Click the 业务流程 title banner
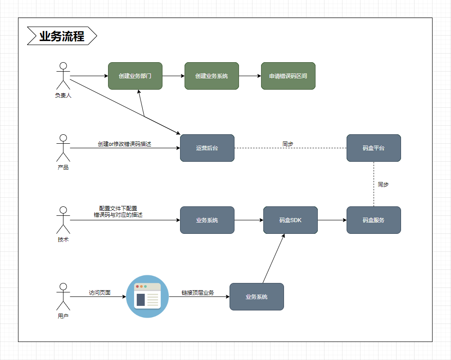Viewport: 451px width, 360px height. coord(62,36)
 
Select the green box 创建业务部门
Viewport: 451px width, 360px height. coord(135,76)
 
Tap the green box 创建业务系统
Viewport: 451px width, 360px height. coord(212,76)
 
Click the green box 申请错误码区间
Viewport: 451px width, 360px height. coord(288,76)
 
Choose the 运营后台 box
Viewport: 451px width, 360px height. coord(207,148)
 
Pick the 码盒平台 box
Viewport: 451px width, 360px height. coord(374,148)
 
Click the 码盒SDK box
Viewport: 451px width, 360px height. coord(290,220)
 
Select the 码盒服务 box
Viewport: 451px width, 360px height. coord(374,220)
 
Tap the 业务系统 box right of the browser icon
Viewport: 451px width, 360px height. coord(257,296)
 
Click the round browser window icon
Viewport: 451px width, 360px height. coord(148,296)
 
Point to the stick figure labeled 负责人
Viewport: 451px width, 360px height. coord(63,76)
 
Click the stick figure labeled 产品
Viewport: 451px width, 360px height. coord(63,148)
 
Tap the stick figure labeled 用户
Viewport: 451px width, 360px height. coord(63,296)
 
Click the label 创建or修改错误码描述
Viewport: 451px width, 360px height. coord(124,144)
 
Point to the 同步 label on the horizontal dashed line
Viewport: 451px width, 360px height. coord(288,144)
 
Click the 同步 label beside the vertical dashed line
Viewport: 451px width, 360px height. coord(383,185)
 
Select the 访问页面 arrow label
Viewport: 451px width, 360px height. coord(99,293)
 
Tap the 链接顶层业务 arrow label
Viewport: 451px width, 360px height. coord(198,293)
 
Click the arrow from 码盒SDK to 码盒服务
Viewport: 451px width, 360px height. coord(332,220)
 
